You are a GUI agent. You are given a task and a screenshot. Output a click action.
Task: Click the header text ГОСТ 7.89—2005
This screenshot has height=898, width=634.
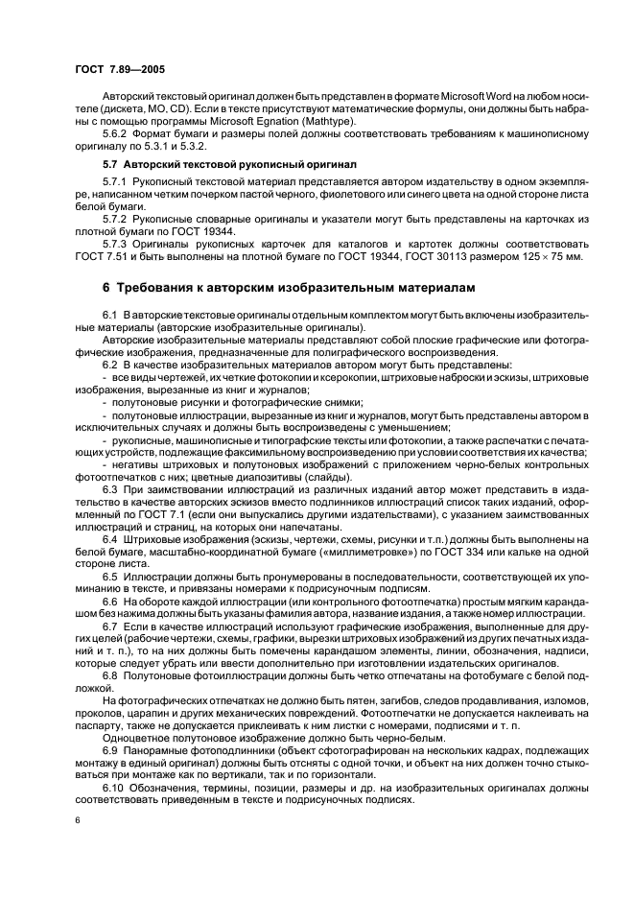(112, 70)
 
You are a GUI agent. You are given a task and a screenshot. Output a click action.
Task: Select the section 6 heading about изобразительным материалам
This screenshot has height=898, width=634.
(287, 287)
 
